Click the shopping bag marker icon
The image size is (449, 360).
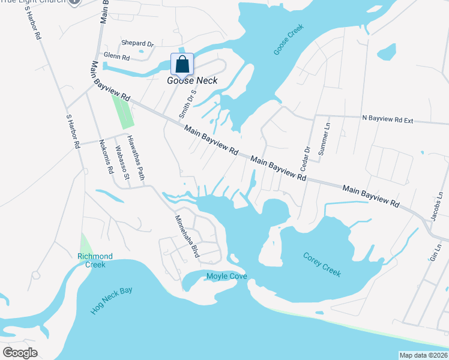pos(182,64)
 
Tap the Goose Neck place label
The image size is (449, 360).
pos(192,80)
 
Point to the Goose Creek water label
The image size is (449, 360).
pos(289,40)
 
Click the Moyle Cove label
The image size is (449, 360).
pos(227,277)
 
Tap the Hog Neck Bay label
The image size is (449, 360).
pos(112,301)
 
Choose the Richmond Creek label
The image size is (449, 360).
pos(91,260)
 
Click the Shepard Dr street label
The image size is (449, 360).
pos(137,44)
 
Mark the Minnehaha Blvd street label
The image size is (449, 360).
pos(187,236)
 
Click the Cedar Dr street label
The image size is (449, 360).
pos(306,157)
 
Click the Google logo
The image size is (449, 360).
pos(19,353)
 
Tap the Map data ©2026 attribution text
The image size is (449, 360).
pos(423,355)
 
